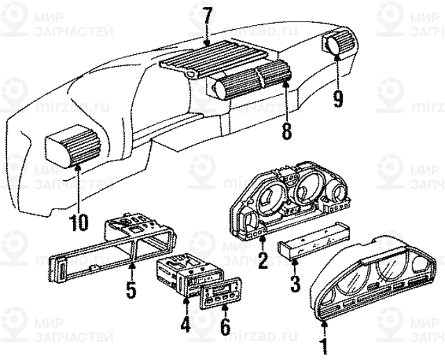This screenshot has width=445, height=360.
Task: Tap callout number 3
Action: (x=295, y=283)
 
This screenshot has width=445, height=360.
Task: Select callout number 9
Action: (x=337, y=98)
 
